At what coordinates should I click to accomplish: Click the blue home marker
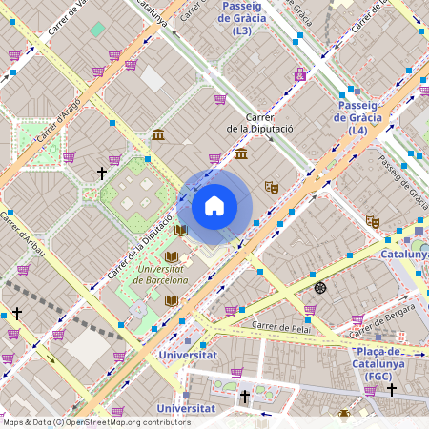(214, 206)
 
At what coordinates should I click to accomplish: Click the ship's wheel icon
(320, 287)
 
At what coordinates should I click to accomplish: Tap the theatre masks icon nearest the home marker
(272, 188)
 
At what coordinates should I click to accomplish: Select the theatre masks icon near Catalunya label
(373, 221)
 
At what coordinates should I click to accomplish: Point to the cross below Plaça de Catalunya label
(391, 389)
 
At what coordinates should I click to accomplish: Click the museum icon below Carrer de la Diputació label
(241, 153)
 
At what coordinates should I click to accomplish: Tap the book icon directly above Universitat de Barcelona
(173, 256)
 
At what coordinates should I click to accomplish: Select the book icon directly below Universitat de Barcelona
(172, 300)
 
